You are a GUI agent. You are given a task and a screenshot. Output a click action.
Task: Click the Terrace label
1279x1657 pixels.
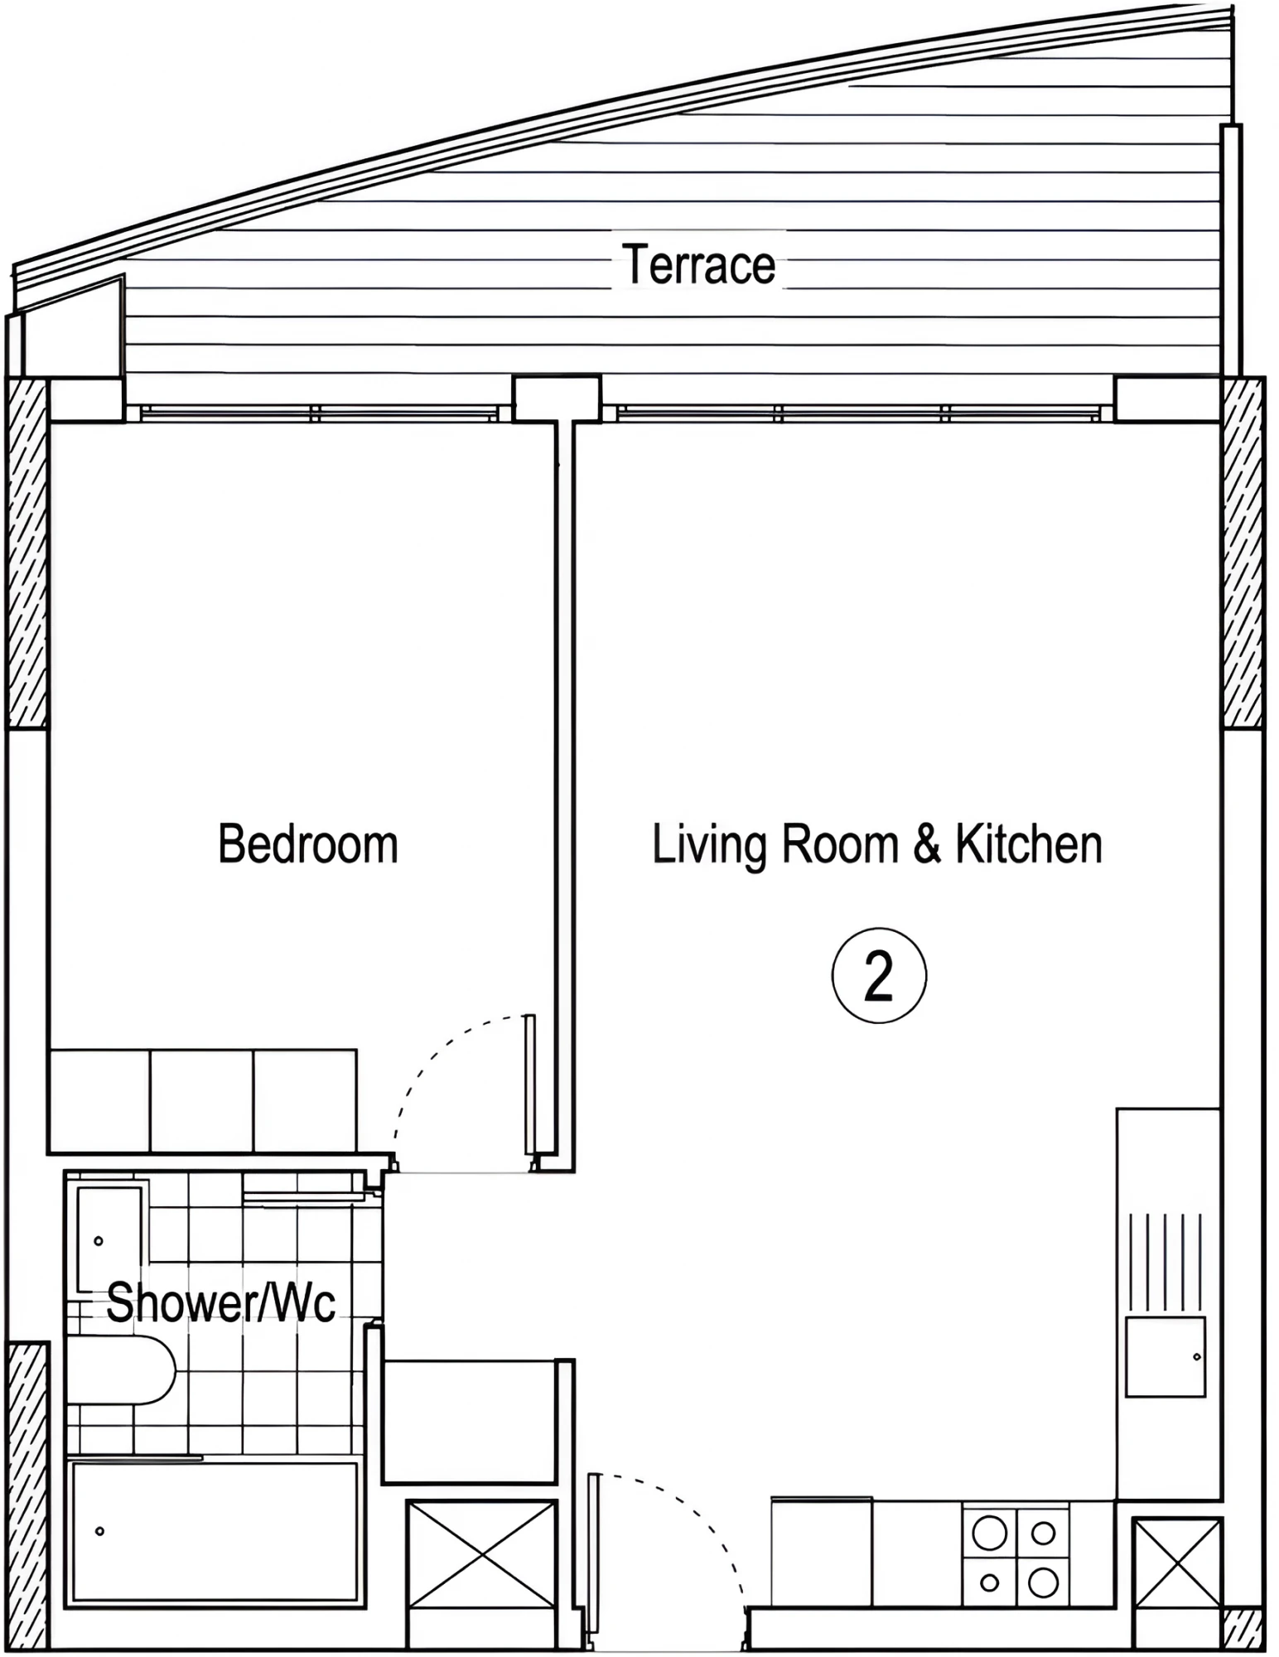tap(698, 264)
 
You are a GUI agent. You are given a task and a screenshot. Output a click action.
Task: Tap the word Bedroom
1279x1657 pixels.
tap(308, 844)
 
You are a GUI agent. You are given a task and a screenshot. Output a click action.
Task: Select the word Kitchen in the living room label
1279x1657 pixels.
tap(1029, 844)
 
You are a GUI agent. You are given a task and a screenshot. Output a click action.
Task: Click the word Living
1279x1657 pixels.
tap(709, 846)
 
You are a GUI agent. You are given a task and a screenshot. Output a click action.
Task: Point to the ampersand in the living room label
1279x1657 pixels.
tap(927, 844)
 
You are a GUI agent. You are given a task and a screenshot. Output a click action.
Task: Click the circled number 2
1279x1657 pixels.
tap(879, 975)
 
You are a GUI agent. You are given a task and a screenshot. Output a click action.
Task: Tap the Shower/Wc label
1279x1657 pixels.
tap(221, 1302)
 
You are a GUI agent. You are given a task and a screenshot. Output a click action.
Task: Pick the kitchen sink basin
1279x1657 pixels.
tap(1166, 1356)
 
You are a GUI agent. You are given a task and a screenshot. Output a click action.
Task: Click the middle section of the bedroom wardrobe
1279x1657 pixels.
tap(201, 1100)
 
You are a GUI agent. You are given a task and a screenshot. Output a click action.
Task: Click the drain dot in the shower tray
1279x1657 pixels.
tap(99, 1531)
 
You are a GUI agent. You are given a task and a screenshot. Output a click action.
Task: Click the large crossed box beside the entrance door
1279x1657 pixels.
tap(481, 1563)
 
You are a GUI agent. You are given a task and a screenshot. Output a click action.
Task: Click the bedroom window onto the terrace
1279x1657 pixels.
tap(319, 413)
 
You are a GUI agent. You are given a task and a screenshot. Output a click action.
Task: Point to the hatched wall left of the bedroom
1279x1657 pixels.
tap(27, 553)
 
